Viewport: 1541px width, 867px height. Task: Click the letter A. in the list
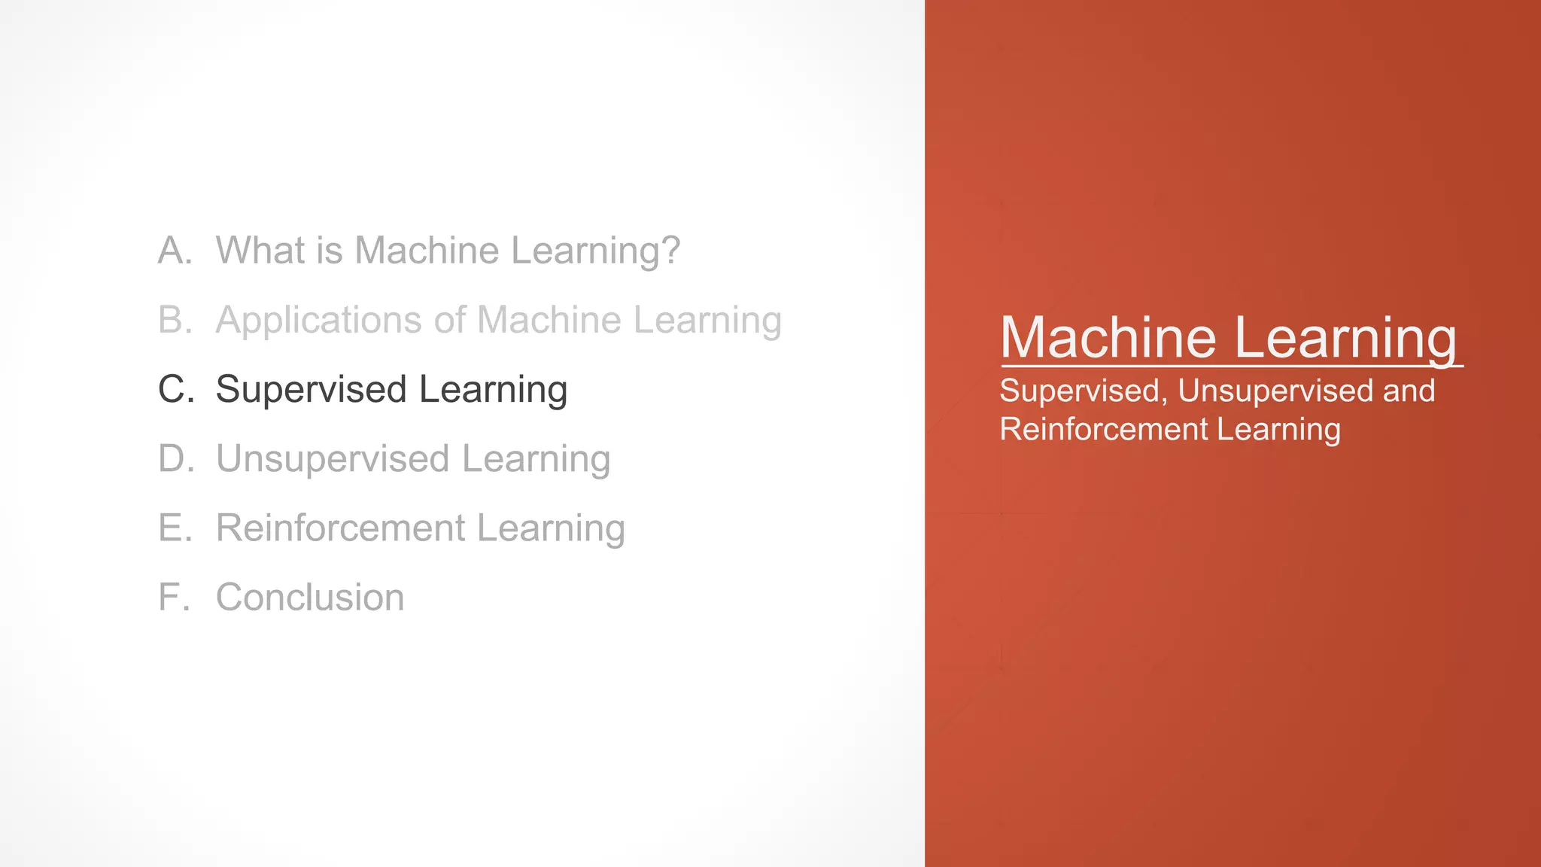[x=175, y=251]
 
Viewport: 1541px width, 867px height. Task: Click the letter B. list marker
[x=175, y=320]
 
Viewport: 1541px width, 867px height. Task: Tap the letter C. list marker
[x=176, y=389]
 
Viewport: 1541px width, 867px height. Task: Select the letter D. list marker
[x=176, y=458]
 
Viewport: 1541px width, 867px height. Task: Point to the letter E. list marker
[x=175, y=528]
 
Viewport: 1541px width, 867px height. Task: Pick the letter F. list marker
[x=173, y=598]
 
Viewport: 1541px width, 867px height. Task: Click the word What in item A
[x=260, y=251]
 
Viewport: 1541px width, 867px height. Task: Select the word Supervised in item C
[x=311, y=390]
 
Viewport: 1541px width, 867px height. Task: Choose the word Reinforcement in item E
[x=340, y=528]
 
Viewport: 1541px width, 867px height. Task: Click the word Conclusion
[x=310, y=598]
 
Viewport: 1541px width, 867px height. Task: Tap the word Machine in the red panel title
[x=1108, y=338]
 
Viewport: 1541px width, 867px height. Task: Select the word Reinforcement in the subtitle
[x=1103, y=429]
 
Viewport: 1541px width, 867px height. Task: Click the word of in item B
[x=450, y=320]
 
